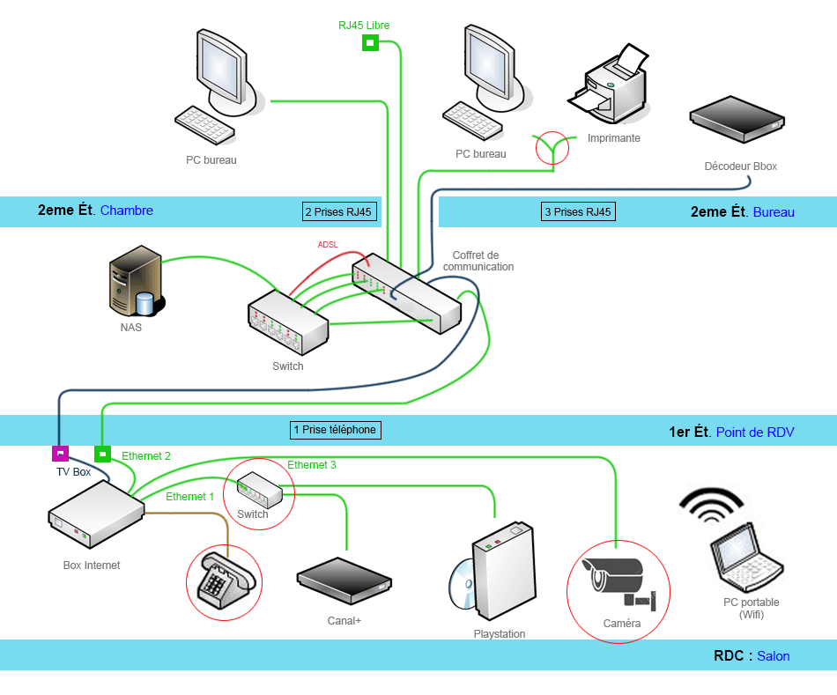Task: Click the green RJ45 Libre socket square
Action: (370, 42)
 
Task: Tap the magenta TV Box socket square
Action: (60, 454)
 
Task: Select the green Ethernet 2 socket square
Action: (102, 454)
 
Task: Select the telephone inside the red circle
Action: (224, 580)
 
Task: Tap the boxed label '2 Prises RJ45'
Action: (338, 211)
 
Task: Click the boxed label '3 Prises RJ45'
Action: (578, 211)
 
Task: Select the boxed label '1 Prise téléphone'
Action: (335, 430)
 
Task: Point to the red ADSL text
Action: (328, 244)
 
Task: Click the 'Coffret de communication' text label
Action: (478, 261)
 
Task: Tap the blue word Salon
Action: (774, 656)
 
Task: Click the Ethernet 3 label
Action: (312, 464)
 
